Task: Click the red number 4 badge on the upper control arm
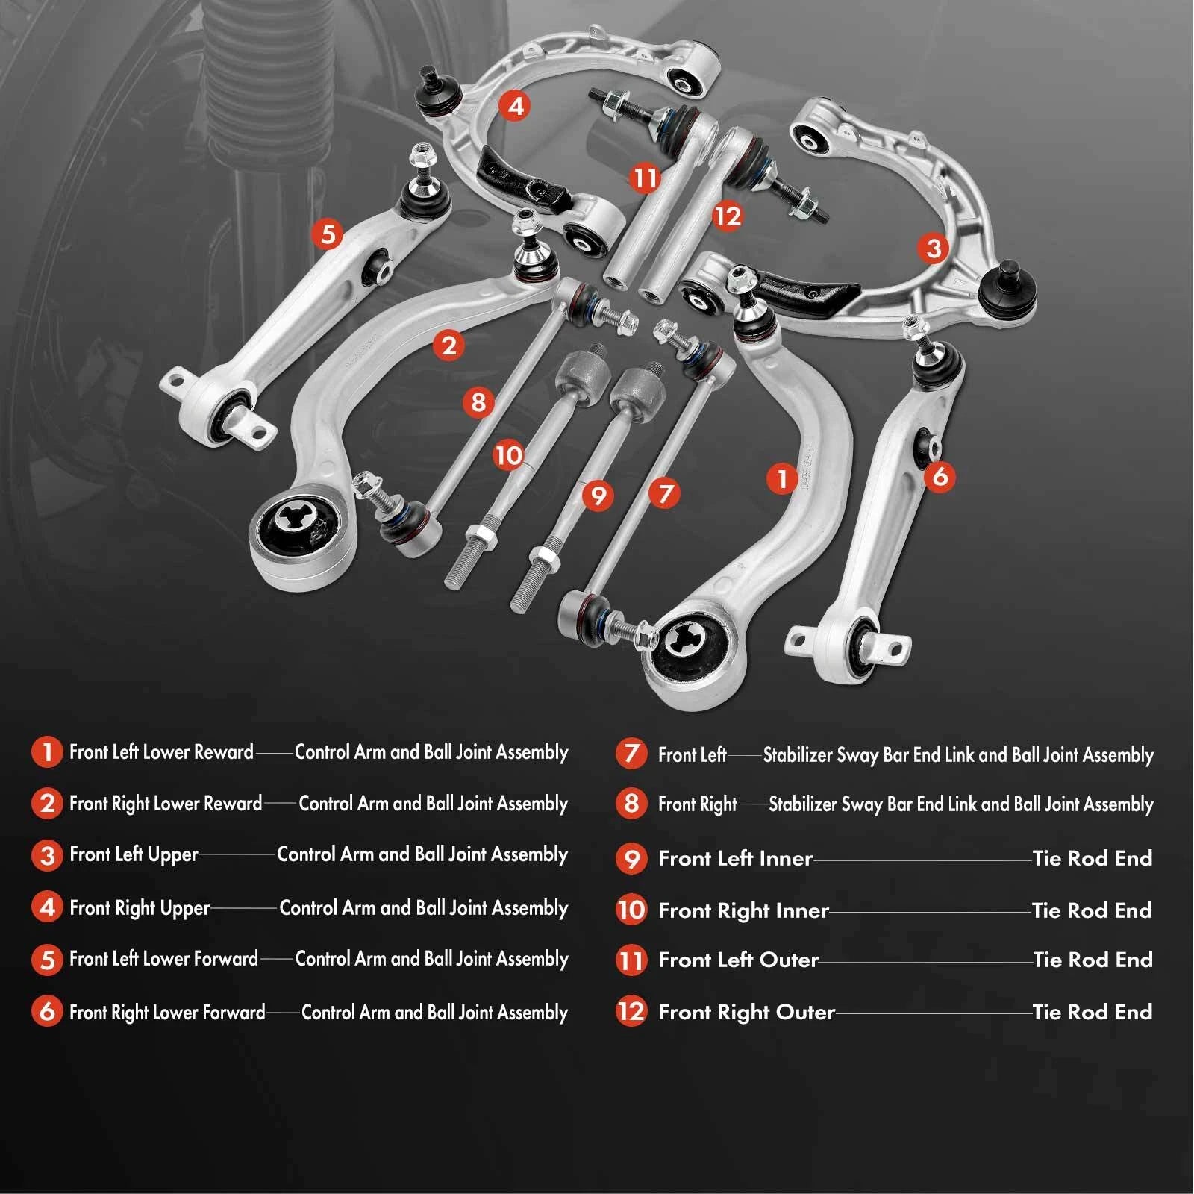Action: coord(515,106)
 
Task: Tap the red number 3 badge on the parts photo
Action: coord(934,248)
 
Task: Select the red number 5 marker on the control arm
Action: coord(328,234)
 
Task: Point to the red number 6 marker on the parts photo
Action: coord(940,475)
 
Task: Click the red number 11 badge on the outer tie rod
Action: coord(645,178)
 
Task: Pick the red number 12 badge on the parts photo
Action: coord(728,216)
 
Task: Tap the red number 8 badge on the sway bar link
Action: coord(478,402)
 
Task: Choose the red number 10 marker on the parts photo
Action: coord(509,454)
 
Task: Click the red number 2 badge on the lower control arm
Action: coord(448,346)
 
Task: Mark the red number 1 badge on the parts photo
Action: coord(782,478)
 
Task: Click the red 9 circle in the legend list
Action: coord(631,858)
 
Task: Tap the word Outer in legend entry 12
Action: coord(805,1012)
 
